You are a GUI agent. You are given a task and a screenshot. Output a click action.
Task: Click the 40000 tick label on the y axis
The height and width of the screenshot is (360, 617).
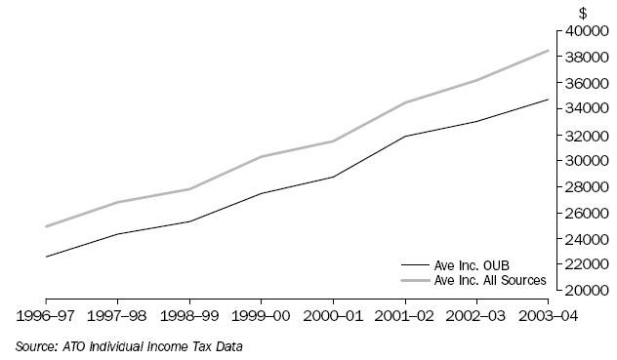581,31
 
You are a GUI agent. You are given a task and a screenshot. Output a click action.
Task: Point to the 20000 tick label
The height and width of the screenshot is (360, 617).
581,290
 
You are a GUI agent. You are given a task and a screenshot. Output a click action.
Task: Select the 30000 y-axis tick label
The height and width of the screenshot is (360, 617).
581,161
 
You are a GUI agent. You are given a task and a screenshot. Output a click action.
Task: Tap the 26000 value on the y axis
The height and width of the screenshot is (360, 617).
581,213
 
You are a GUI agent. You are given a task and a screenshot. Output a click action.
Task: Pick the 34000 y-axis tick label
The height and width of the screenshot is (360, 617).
581,109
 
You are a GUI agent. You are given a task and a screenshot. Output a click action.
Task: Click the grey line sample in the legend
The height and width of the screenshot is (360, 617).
414,280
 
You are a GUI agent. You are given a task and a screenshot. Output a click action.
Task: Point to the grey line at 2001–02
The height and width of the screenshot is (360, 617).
405,102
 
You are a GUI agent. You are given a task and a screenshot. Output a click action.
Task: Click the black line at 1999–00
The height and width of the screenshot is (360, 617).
261,193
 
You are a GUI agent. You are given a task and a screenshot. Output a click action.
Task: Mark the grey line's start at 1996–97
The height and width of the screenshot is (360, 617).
46,226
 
